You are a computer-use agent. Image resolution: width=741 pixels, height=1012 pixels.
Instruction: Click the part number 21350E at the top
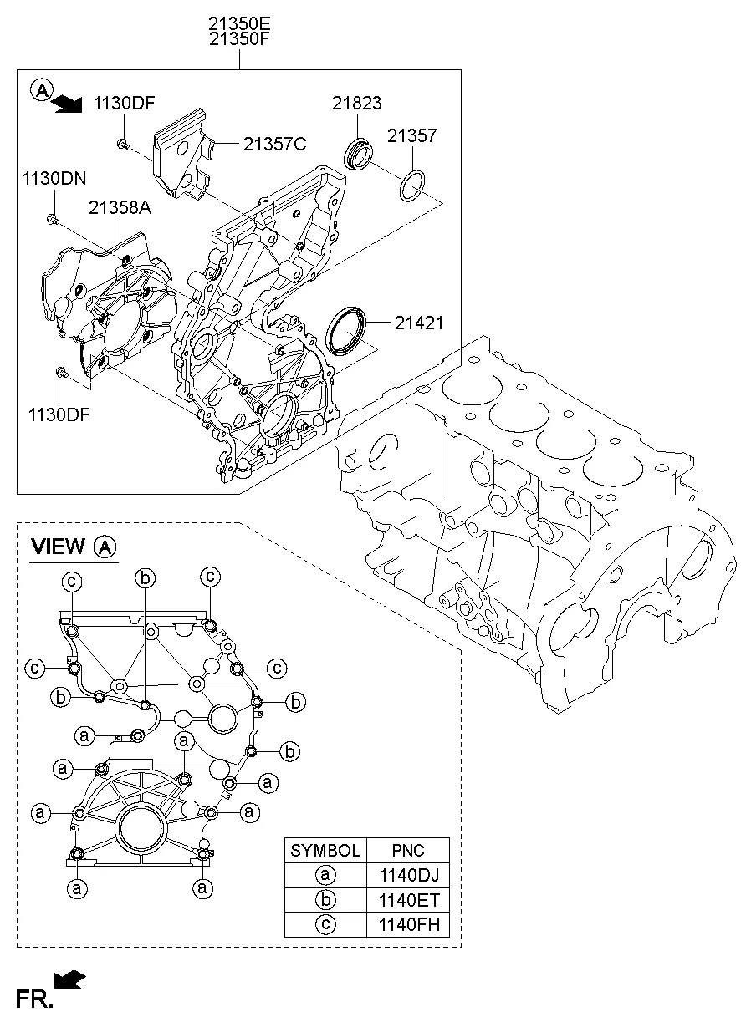pyautogui.click(x=238, y=23)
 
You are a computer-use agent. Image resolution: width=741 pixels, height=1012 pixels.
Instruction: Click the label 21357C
pyautogui.click(x=274, y=144)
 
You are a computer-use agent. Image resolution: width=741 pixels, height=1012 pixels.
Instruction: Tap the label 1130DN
pyautogui.click(x=54, y=178)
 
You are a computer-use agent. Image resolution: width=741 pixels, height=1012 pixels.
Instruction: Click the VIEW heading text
pyautogui.click(x=58, y=547)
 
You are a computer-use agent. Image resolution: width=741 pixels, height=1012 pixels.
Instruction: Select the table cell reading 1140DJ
pyautogui.click(x=408, y=876)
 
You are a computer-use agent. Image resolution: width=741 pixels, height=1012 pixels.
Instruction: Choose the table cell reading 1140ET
pyautogui.click(x=408, y=900)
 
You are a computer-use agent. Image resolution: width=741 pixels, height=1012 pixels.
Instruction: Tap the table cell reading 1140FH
pyautogui.click(x=408, y=924)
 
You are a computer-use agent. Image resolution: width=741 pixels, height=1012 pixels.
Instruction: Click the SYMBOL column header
pyautogui.click(x=325, y=852)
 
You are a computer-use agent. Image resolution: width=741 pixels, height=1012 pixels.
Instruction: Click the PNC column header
pyautogui.click(x=408, y=852)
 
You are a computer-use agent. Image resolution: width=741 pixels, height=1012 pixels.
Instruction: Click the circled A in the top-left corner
pyautogui.click(x=40, y=89)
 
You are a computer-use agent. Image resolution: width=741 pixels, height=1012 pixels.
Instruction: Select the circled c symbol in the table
pyautogui.click(x=325, y=924)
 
